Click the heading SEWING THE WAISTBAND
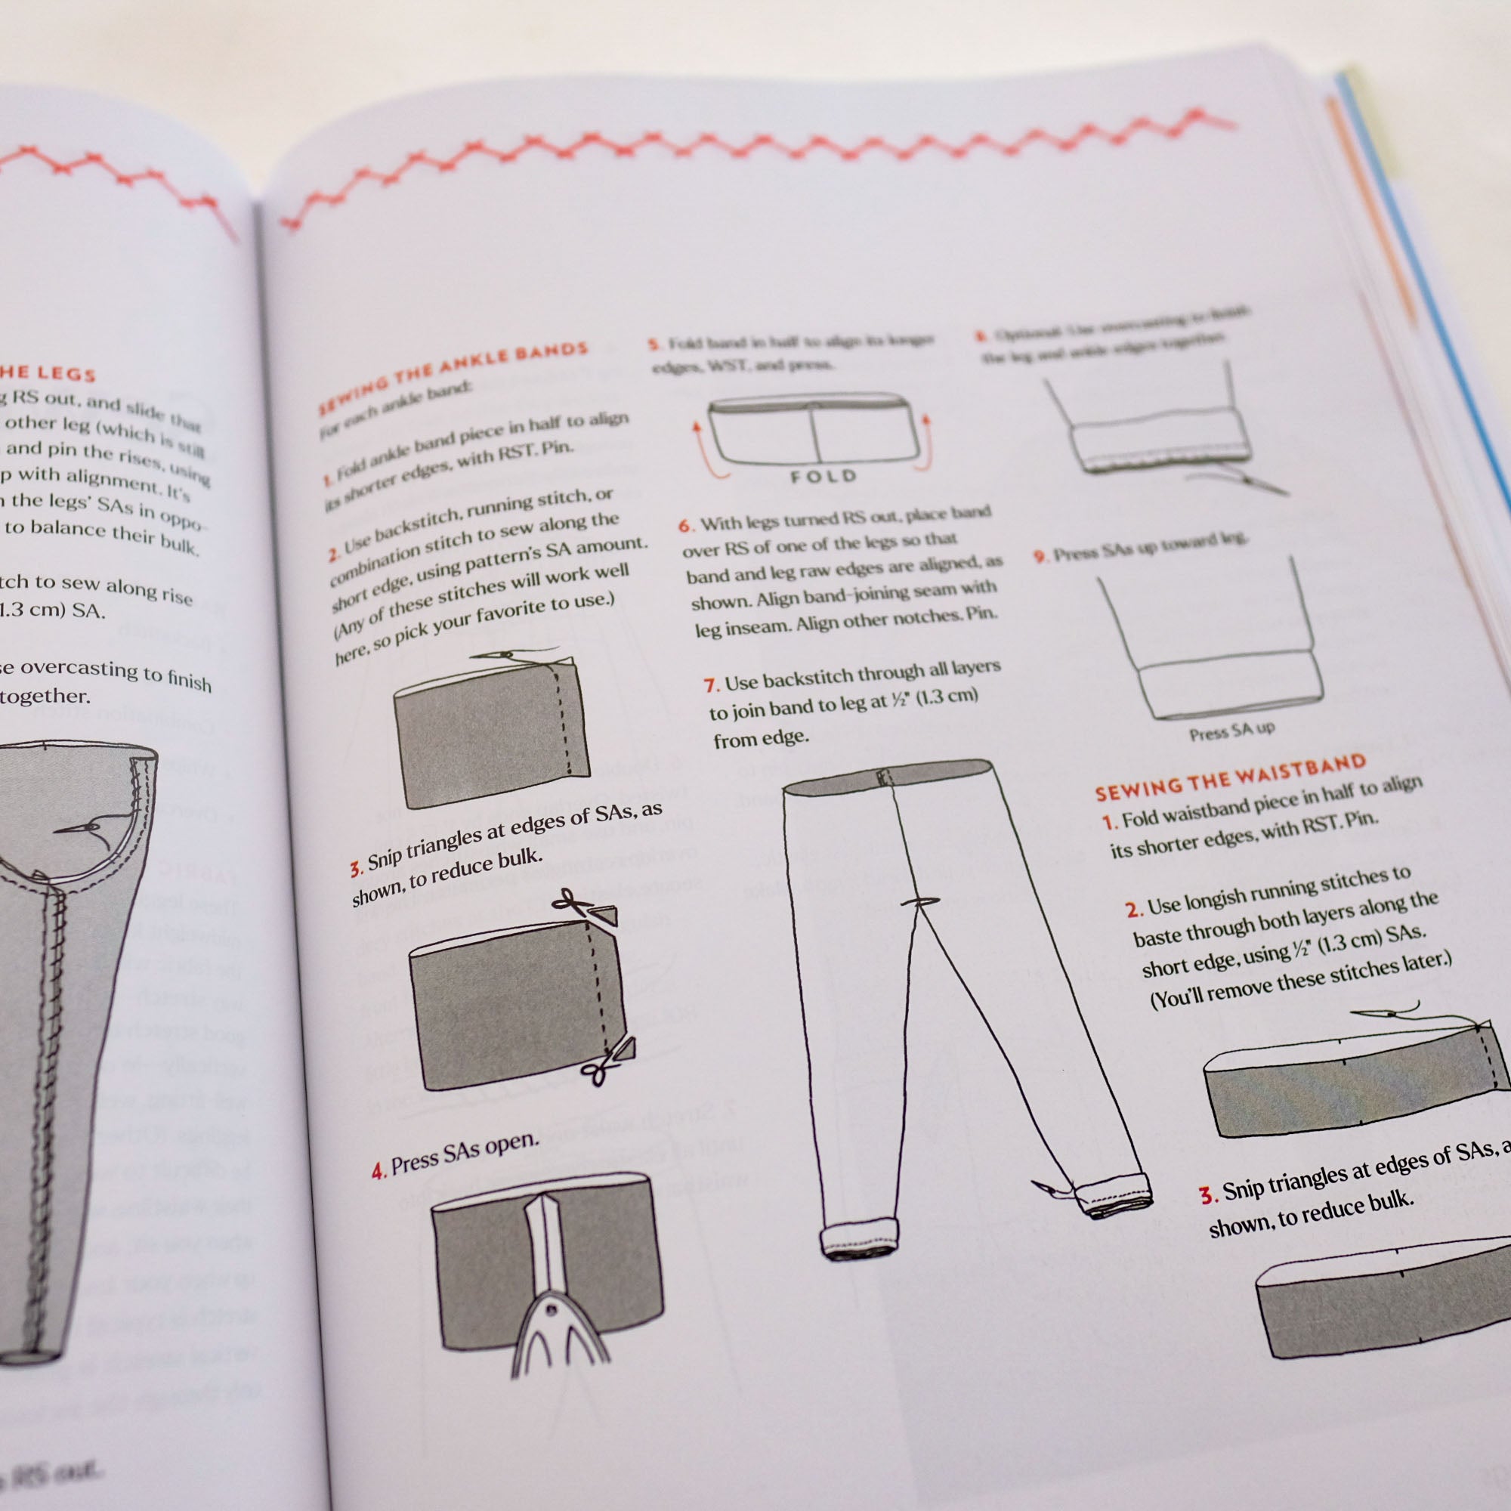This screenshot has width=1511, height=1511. [x=1229, y=777]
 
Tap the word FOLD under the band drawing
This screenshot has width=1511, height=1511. [x=823, y=476]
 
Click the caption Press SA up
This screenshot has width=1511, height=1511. [x=1231, y=731]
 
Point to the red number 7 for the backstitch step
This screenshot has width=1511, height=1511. [x=710, y=685]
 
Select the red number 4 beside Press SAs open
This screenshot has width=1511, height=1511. [x=379, y=1171]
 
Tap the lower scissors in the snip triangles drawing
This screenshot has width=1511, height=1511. [x=598, y=1071]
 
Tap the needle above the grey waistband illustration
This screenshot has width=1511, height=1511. [x=1383, y=1013]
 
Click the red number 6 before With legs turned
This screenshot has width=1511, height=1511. [x=685, y=526]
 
